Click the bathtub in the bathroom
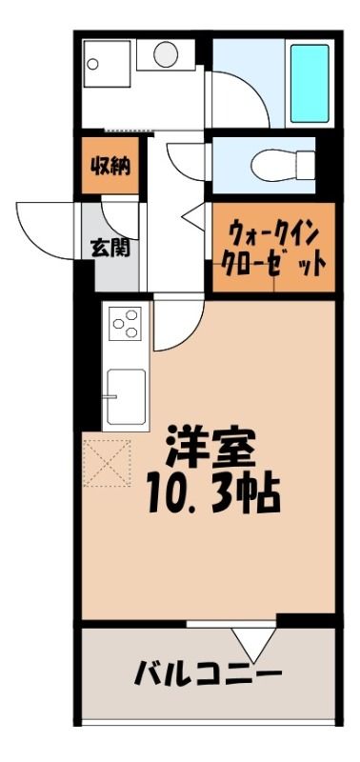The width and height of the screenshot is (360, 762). (310, 84)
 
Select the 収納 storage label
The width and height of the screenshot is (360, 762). (110, 167)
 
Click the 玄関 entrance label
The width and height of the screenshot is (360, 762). (110, 249)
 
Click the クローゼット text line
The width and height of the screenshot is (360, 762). (273, 265)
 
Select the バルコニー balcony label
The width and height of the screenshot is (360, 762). (209, 673)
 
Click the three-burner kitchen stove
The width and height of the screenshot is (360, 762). (125, 324)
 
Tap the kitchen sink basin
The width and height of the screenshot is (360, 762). (127, 396)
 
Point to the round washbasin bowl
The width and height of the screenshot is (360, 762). (166, 54)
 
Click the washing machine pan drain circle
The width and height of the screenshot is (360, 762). (92, 64)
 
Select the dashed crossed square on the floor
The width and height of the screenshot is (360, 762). (107, 463)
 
